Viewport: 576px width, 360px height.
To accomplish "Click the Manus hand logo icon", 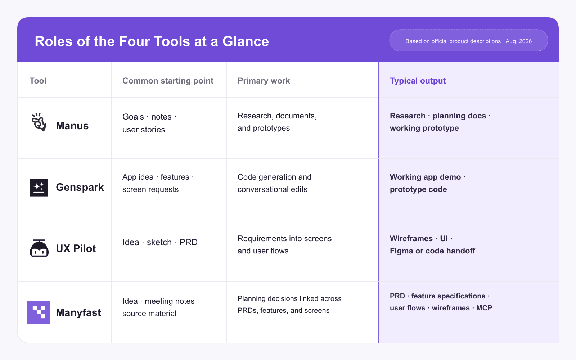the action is pos(39,123).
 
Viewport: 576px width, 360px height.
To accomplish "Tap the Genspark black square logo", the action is pos(39,188).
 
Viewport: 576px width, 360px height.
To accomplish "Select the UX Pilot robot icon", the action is pos(39,248).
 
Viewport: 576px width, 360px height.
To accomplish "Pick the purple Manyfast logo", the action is pos(39,312).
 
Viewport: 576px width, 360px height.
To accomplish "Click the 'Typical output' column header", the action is pos(418,81).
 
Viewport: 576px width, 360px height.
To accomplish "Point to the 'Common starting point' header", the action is pos(168,81).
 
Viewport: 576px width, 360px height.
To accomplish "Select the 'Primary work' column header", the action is pos(264,81).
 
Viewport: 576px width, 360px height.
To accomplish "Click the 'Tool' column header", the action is pos(38,81).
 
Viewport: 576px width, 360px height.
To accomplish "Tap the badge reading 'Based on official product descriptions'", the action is pos(468,40).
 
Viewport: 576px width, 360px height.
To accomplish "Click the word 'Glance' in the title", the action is pos(246,41).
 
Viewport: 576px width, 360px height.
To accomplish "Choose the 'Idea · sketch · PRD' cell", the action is pos(160,242).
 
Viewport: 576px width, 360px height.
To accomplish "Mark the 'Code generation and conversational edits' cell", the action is pos(274,183).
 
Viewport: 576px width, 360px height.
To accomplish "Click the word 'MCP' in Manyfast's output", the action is pos(484,308).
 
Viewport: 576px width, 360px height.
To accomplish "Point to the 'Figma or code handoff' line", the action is pos(432,251).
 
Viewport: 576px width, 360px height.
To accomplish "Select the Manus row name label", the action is pos(72,126).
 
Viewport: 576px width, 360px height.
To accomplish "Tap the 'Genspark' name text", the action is pos(80,188).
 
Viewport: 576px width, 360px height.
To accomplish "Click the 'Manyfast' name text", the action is pos(78,312).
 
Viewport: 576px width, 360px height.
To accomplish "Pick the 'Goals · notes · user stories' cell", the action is pos(149,123).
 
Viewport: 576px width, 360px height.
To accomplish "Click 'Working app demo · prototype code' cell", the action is pos(428,183).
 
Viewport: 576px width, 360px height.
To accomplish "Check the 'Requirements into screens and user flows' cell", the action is pos(284,244).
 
